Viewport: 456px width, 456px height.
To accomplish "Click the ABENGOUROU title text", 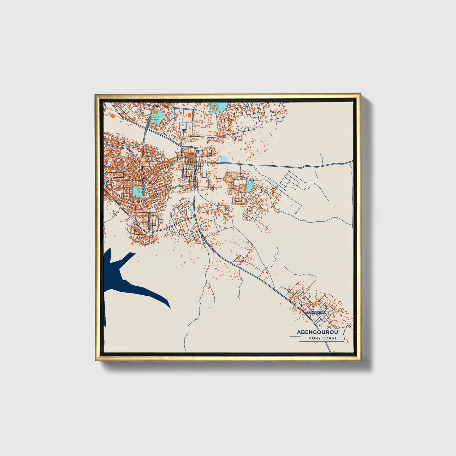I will point(317,332).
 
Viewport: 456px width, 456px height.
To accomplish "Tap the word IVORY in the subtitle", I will point(314,338).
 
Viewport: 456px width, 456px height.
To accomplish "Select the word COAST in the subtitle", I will point(329,338).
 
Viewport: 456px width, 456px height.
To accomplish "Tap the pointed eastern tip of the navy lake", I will point(170,307).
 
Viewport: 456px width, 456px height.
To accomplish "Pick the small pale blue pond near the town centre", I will point(223,159).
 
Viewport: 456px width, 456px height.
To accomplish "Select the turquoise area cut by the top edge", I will point(217,107).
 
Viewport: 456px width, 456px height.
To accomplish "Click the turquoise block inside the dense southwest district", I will point(138,192).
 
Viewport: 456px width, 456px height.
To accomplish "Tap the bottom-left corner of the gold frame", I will point(96,360).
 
